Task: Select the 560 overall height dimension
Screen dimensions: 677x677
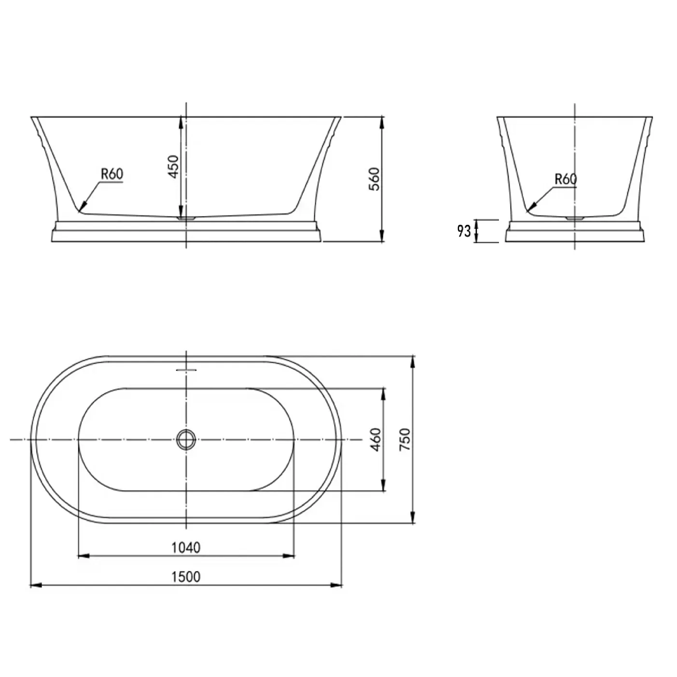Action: pos(375,179)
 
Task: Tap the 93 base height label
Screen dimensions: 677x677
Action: pos(464,231)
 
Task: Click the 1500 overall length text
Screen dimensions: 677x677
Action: pos(186,576)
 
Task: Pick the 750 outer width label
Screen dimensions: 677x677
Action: pos(405,439)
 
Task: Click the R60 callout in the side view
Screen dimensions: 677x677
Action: pos(112,174)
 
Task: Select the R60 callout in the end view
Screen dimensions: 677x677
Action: pos(565,179)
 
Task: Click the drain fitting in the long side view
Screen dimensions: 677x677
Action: pos(186,218)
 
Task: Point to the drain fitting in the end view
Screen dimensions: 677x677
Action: pos(574,218)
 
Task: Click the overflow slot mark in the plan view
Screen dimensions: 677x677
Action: pos(186,370)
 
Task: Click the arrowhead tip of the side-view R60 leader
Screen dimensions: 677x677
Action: pos(81,210)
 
